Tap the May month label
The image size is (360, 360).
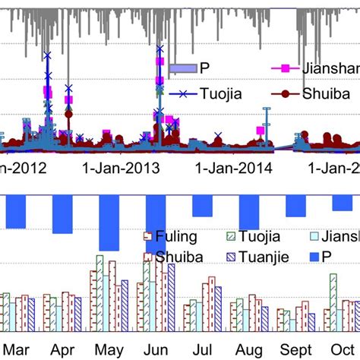109,351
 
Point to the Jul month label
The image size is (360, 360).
203,351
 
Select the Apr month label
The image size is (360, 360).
62,351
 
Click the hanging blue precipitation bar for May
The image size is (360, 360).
109,222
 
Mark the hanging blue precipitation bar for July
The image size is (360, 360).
203,205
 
